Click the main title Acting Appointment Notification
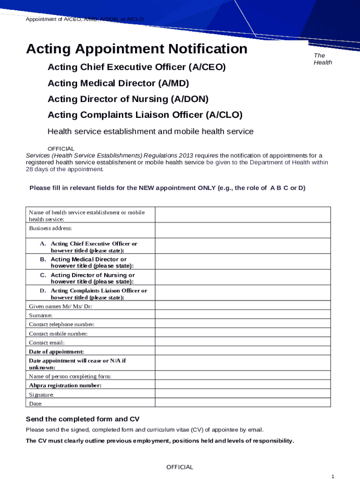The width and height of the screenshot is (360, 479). pos(137,49)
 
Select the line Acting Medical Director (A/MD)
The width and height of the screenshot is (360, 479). pos(118,83)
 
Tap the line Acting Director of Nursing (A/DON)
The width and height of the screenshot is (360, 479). pos(128,99)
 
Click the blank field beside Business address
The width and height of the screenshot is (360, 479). pos(243,230)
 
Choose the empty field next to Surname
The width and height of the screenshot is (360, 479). pos(243,315)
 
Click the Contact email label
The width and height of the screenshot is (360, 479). pos(47,342)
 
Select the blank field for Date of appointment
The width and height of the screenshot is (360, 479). pos(243,351)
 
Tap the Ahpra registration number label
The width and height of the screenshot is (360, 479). pos(65,385)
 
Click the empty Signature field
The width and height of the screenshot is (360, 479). pos(243,394)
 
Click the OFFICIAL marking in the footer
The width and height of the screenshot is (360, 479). pos(180,467)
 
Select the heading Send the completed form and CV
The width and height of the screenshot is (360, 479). pos(82,419)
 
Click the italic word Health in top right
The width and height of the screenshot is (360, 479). pos(323,63)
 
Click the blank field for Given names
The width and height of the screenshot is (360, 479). pos(243,306)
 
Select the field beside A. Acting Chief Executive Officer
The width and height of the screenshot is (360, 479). pos(243,247)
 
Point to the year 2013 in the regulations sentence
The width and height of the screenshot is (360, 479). pos(184,155)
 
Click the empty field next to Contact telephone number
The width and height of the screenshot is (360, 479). pos(243,324)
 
